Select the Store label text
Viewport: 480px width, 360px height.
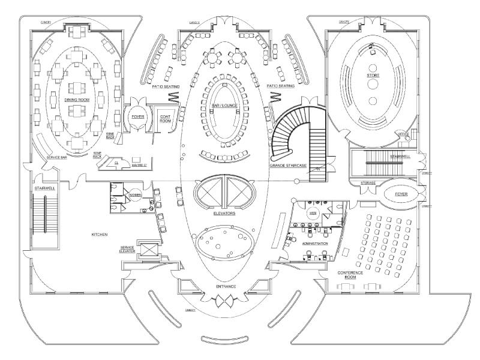tap(373, 75)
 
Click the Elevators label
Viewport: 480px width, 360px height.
tap(224, 213)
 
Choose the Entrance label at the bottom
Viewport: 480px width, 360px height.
tap(226, 287)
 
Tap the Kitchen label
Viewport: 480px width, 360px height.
tap(99, 234)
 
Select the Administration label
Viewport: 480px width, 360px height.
tap(315, 244)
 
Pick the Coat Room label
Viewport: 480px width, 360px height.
tap(165, 119)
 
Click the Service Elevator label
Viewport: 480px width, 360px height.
tap(127, 250)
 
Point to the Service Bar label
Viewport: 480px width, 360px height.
tap(55, 158)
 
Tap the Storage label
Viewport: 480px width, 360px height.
tap(368, 182)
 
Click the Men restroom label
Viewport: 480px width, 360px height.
tap(313, 212)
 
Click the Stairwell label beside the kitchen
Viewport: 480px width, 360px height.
tap(45, 188)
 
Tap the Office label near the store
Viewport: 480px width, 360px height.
tap(404, 133)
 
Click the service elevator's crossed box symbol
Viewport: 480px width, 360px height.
tap(146, 248)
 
